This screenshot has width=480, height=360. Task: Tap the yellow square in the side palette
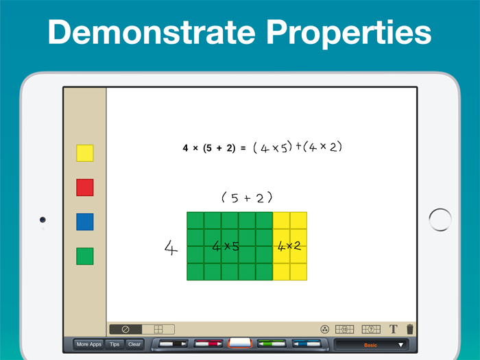point(85,153)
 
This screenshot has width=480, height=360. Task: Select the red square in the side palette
point(85,187)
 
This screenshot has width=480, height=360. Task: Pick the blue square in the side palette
point(85,221)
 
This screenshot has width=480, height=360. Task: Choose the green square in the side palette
point(85,256)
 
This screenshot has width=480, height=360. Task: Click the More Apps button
point(89,344)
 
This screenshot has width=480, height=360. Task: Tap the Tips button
point(115,344)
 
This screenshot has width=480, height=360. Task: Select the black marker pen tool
point(171,344)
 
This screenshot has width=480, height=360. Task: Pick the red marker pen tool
point(207,344)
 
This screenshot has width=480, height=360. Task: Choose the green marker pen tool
point(273,344)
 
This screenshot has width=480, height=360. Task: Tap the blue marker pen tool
point(307,344)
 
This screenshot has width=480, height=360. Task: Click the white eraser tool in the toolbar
point(239,343)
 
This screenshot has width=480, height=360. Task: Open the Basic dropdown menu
point(371,344)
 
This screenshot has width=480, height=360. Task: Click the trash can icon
point(410,329)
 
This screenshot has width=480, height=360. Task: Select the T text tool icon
point(394,329)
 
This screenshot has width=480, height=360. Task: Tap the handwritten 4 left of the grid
point(170,247)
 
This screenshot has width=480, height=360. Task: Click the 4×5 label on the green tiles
point(225,246)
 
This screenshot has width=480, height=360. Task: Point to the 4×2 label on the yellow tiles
point(289,246)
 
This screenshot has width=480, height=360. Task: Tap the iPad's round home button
point(440,219)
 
